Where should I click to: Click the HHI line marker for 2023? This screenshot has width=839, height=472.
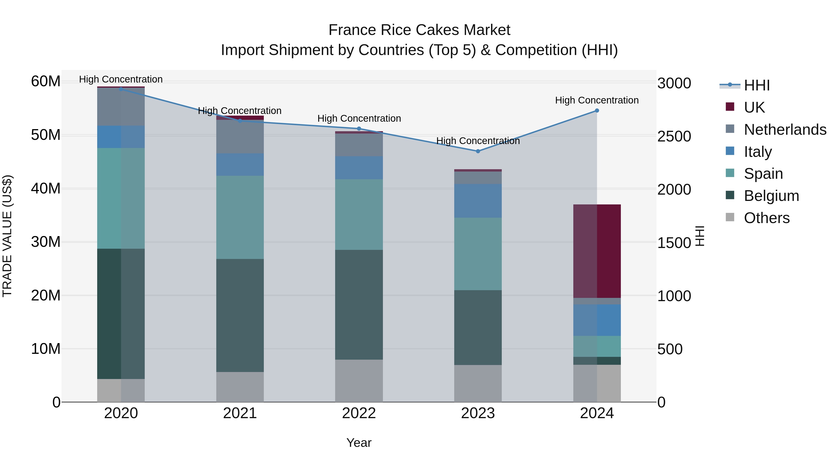tap(478, 151)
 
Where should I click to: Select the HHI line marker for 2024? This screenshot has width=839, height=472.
tap(597, 110)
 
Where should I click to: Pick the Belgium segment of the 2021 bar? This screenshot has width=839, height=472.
tap(240, 315)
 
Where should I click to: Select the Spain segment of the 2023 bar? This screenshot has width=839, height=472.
tap(478, 254)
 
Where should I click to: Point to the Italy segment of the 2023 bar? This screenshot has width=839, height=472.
tap(478, 201)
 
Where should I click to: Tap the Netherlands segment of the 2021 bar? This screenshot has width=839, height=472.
tap(240, 137)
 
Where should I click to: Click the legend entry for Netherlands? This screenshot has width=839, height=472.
tap(785, 130)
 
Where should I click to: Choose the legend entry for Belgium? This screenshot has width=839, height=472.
tap(771, 196)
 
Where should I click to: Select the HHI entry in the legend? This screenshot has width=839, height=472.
tap(756, 85)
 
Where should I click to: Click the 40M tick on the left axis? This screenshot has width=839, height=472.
tap(46, 188)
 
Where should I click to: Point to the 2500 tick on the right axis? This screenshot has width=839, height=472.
tap(674, 137)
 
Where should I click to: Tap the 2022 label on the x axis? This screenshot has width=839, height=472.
tap(359, 413)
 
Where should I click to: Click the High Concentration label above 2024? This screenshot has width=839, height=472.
tap(597, 100)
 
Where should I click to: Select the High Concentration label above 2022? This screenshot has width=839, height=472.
tap(359, 119)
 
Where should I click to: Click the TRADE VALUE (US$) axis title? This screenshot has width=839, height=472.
tap(7, 236)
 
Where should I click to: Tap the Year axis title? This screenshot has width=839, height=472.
tap(359, 443)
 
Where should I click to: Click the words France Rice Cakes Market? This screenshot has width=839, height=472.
tap(419, 30)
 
